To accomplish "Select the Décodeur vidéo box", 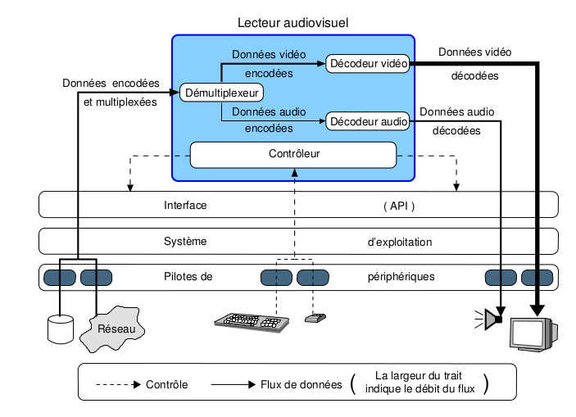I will pyautogui.click(x=367, y=63).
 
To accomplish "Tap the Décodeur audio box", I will pyautogui.click(x=369, y=121).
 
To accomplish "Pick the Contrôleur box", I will pyautogui.click(x=293, y=154).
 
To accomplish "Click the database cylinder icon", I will pyautogui.click(x=60, y=328).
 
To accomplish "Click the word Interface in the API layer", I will pyautogui.click(x=185, y=205).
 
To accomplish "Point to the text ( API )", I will pyautogui.click(x=399, y=205).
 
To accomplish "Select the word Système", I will pyautogui.click(x=185, y=242).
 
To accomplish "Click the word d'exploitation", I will pyautogui.click(x=400, y=242).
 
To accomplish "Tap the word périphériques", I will pyautogui.click(x=401, y=277).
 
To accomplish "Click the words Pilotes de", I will pyautogui.click(x=188, y=277).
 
